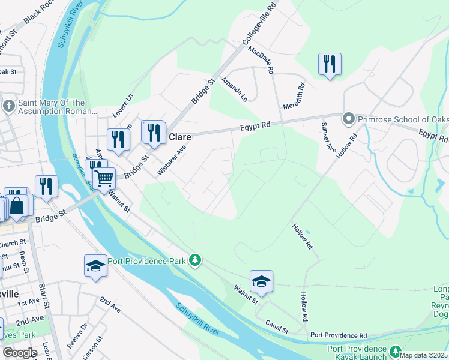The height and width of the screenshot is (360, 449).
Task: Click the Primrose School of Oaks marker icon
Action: [x=348, y=119]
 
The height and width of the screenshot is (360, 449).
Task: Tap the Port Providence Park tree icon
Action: [x=194, y=260]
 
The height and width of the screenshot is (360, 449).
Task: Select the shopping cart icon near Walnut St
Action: [x=104, y=178]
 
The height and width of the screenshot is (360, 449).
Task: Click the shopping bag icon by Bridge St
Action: [x=18, y=205]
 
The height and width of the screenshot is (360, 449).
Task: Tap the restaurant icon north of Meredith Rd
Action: [x=329, y=64]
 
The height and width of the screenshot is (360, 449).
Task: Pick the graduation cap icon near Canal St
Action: [x=261, y=281]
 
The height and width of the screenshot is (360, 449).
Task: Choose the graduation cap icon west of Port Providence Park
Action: [x=95, y=265]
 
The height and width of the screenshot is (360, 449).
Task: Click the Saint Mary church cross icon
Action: [x=8, y=107]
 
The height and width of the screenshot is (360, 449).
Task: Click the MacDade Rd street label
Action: [x=261, y=61]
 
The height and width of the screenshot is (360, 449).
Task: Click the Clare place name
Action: [x=179, y=136]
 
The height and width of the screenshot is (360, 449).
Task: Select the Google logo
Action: [x=20, y=352]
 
